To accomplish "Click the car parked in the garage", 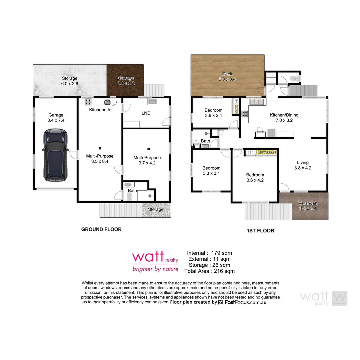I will point(55,155).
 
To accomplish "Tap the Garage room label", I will point(56,115).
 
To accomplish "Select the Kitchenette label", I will point(100,110).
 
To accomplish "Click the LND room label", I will point(146,113).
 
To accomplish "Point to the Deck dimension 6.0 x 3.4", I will point(227,79).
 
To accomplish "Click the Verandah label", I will point(307,203).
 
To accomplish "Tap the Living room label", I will point(303,163).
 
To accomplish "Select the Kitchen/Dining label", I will point(284,115).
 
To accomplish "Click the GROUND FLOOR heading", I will point(101,229).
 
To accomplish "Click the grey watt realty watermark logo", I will point(323,298).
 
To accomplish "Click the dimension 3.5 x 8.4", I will point(100,161).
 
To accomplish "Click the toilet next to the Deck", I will point(293,78).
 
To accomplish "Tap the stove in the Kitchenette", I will point(88,102).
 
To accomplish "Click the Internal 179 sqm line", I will point(209,253).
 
